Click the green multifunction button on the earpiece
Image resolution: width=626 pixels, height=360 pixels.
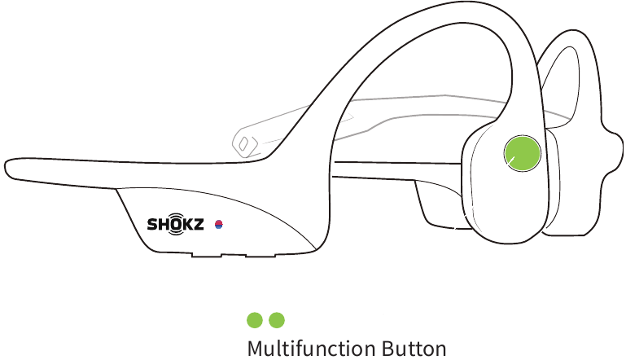click(523, 153)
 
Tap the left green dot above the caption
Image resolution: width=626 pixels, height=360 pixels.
click(255, 320)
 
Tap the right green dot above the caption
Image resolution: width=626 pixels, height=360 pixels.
click(277, 320)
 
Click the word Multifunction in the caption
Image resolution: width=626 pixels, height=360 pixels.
click(311, 349)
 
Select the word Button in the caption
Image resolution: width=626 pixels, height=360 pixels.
click(414, 349)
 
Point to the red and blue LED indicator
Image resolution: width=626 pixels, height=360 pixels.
click(219, 225)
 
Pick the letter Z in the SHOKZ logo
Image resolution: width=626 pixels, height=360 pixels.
click(198, 224)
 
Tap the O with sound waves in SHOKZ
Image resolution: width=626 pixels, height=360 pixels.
click(175, 225)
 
